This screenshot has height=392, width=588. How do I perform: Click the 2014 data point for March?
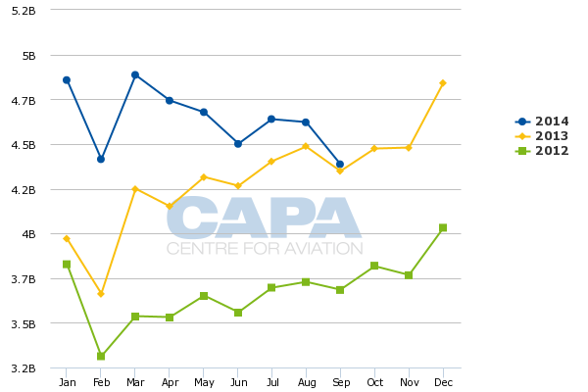[x=135, y=74]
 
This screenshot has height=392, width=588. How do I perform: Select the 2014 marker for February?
[x=101, y=159]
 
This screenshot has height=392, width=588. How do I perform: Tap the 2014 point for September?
[x=340, y=165]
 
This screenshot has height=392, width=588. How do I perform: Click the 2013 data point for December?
[x=443, y=83]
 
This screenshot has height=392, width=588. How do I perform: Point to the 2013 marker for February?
[x=101, y=293]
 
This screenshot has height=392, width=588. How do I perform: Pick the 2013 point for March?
[x=135, y=188]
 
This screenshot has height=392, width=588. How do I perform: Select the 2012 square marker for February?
[x=101, y=356]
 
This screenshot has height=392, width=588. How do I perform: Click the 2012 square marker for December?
[x=443, y=227]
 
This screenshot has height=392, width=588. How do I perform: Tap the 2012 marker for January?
[x=67, y=264]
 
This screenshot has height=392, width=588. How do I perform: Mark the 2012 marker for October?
[x=374, y=266]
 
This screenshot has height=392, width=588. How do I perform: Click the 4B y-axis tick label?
[x=26, y=234]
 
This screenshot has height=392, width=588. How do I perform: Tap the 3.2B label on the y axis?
[x=24, y=368]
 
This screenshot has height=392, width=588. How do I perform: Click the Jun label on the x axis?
[x=238, y=382]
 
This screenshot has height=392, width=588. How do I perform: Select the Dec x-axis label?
[x=443, y=382]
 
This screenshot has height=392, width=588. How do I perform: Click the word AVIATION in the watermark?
[x=315, y=249]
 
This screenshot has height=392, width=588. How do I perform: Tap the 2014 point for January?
[x=67, y=79]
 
